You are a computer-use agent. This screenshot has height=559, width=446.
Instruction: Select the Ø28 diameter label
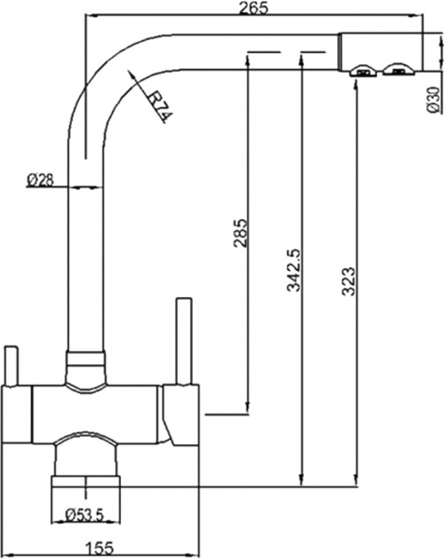38,180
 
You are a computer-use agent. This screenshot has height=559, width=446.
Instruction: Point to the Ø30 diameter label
433,100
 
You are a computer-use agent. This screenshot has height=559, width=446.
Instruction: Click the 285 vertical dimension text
240,234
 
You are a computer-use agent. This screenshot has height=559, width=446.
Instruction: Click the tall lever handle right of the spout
182,340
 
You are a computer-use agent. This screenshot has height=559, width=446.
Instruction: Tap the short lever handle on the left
10,364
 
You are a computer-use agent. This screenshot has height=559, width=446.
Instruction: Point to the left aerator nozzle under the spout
361,71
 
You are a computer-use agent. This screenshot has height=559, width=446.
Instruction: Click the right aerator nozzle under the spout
398,71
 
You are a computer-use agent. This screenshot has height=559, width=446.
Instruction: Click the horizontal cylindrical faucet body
93,410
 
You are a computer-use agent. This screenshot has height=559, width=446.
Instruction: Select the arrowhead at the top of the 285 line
248,58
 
